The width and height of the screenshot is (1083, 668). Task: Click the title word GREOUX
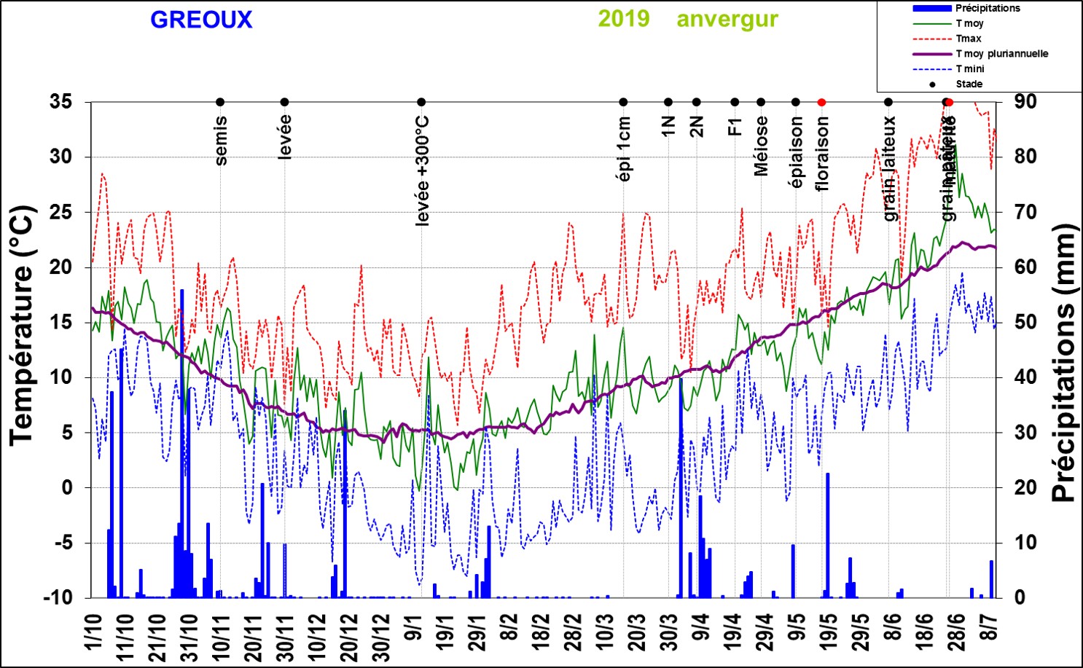201,20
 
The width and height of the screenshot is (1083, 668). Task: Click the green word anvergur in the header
727,19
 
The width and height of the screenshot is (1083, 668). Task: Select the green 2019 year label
624,18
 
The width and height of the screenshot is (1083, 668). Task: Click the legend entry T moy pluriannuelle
1001,54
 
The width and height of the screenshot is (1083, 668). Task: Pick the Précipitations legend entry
988,8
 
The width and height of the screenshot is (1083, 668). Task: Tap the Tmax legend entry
969,39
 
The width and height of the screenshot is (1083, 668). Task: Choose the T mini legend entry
970,69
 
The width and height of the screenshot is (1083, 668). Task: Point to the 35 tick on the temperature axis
61,101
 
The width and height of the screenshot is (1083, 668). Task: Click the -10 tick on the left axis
58,597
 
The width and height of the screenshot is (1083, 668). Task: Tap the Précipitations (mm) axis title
1064,363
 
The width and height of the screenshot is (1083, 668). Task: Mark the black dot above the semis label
220,102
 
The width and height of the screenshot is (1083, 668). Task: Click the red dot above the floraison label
821,102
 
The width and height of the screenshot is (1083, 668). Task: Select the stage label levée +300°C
422,171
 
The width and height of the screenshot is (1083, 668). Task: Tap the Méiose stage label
762,146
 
